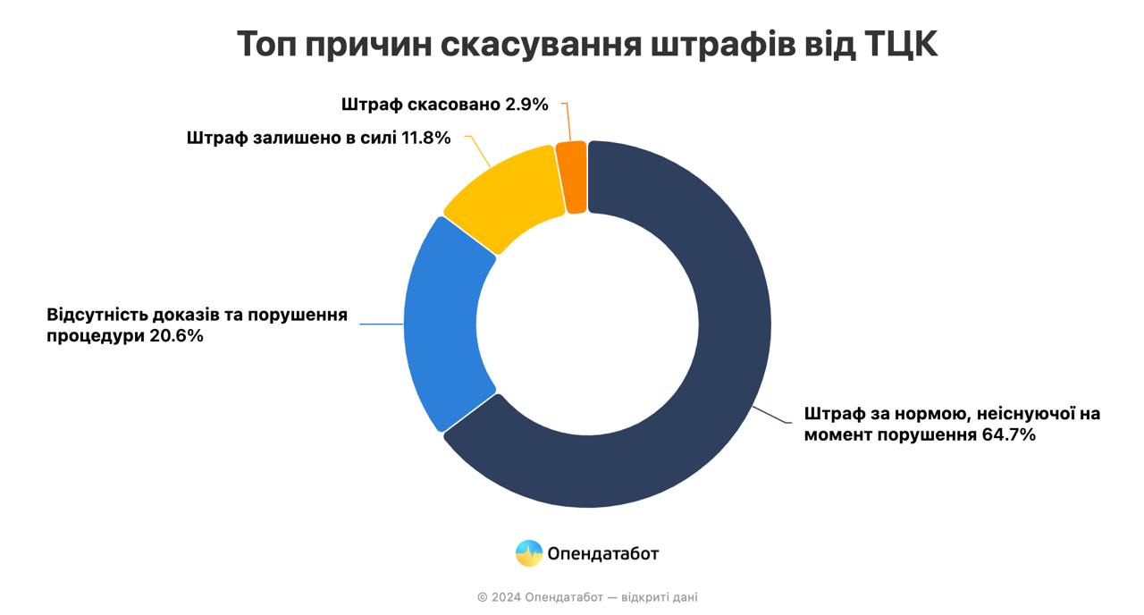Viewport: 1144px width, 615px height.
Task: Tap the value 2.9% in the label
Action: pyautogui.click(x=526, y=104)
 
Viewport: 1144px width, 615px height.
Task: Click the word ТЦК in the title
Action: pyautogui.click(x=902, y=45)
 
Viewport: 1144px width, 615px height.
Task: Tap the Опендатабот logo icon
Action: pyautogui.click(x=529, y=553)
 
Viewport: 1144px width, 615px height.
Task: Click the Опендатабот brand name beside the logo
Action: pyautogui.click(x=603, y=553)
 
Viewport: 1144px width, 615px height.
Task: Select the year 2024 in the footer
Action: pyautogui.click(x=507, y=597)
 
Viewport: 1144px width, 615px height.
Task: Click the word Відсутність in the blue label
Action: pyautogui.click(x=99, y=315)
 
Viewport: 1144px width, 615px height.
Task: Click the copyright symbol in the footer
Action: pyautogui.click(x=483, y=597)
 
